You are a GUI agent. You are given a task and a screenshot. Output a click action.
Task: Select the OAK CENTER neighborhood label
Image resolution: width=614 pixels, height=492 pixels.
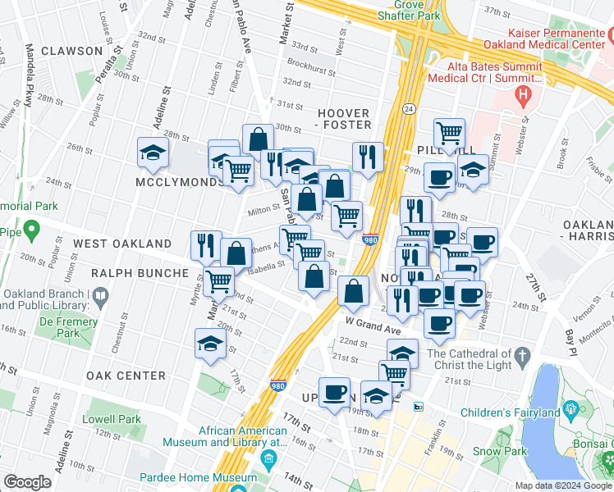click(126, 376)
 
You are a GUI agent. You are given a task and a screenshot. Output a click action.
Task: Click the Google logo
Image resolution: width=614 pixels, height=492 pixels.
click(27, 481)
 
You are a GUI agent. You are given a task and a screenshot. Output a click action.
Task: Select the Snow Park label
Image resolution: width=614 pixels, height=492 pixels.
click(499, 451)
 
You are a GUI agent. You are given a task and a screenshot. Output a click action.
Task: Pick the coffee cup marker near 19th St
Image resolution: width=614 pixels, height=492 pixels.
click(334, 392)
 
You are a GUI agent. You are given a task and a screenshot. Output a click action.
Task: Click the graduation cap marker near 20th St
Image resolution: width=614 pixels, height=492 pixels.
click(211, 344)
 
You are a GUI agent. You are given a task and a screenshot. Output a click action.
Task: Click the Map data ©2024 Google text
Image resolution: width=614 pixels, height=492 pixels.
click(561, 485)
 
